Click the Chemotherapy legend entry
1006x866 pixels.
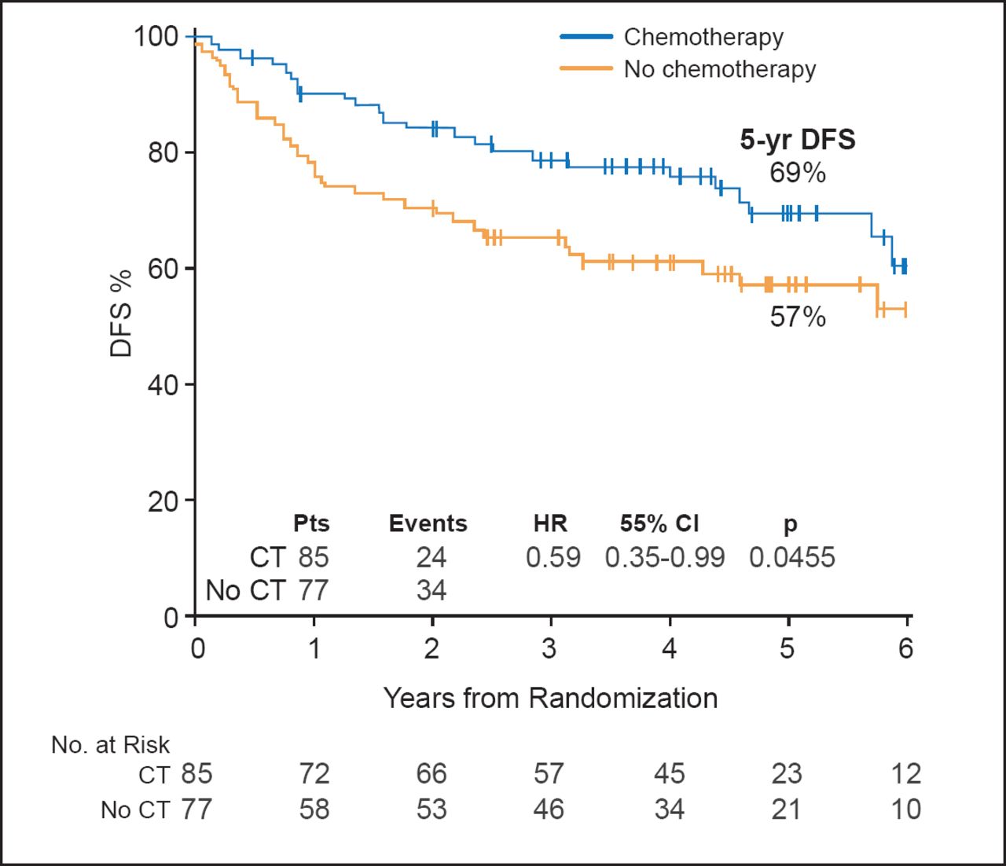click(x=703, y=37)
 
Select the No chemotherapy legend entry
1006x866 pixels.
click(x=719, y=69)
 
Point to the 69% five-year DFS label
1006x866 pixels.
click(x=797, y=172)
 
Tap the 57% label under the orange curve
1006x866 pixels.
click(x=797, y=317)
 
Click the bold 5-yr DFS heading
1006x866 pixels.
click(x=797, y=140)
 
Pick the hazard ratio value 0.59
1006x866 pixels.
click(x=553, y=557)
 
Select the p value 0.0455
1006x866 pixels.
click(x=791, y=557)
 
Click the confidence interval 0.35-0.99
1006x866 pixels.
click(x=664, y=557)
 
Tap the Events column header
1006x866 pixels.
click(x=428, y=523)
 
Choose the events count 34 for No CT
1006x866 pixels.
click(x=431, y=590)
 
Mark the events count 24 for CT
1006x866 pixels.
click(x=431, y=557)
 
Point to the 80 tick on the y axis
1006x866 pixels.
click(x=163, y=152)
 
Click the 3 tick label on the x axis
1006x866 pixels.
click(x=549, y=648)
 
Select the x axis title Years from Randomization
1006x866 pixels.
click(x=550, y=698)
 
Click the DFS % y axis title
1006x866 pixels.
click(x=121, y=314)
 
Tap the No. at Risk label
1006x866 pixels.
click(x=110, y=744)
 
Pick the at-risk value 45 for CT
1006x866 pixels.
click(x=669, y=773)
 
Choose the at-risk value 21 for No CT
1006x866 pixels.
click(x=786, y=809)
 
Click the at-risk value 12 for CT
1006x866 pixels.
click(x=905, y=773)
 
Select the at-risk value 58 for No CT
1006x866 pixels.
click(x=314, y=809)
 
